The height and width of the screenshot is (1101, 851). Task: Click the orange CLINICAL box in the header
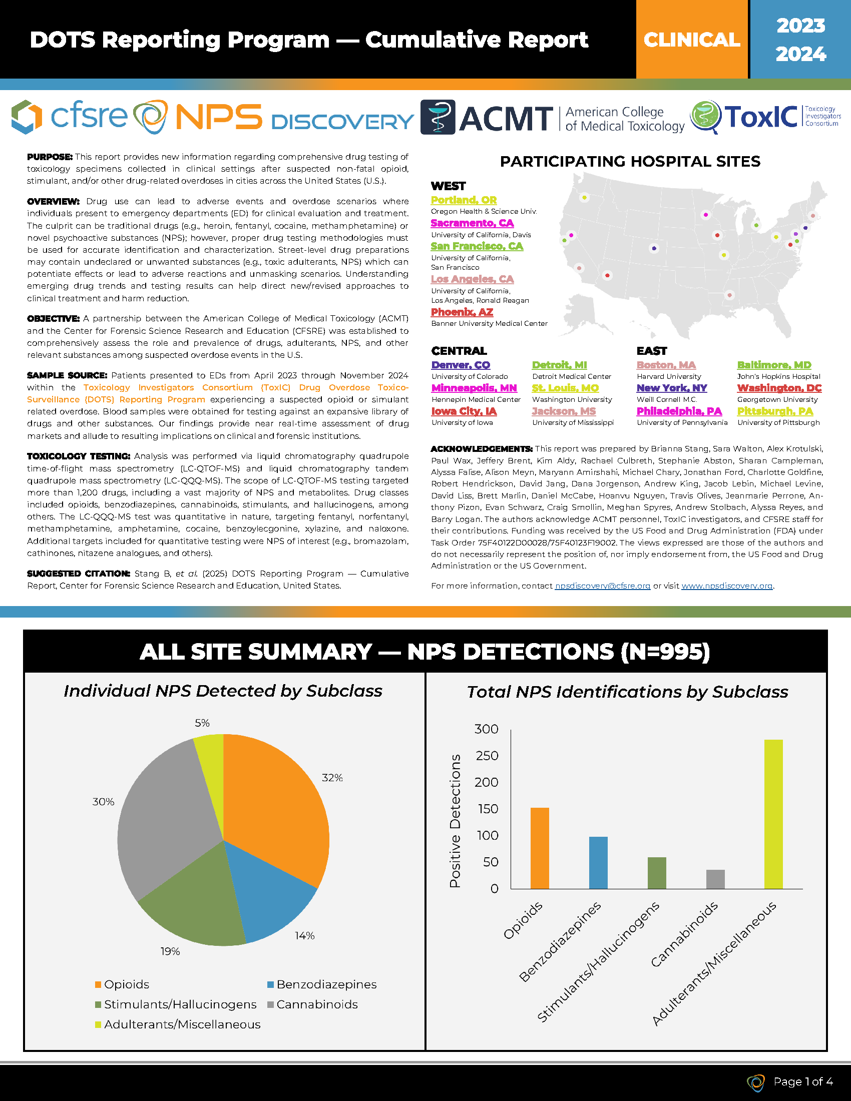pos(692,40)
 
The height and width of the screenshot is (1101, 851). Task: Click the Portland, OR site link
pos(464,200)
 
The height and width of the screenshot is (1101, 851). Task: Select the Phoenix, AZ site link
pos(462,312)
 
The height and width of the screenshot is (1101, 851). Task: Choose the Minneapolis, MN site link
pos(474,388)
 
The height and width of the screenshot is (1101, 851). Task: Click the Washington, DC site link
pos(779,388)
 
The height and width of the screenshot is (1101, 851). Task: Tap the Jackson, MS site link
pos(564,411)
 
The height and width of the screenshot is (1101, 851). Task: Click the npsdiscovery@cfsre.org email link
pos(602,586)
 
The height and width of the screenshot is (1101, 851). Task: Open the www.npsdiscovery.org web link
pos(726,586)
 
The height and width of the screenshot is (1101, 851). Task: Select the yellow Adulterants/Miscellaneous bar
pos(773,814)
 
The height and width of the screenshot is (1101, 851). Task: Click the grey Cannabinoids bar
pos(715,879)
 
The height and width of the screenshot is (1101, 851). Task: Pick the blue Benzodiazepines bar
pos(598,863)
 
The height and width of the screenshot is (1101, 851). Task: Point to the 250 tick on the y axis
pos(486,756)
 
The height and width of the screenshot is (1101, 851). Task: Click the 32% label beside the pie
pos(332,778)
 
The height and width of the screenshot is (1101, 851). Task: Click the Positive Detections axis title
pos(455,822)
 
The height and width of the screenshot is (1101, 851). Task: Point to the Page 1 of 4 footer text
pos(803,1081)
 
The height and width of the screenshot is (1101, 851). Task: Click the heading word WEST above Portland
pos(448,186)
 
